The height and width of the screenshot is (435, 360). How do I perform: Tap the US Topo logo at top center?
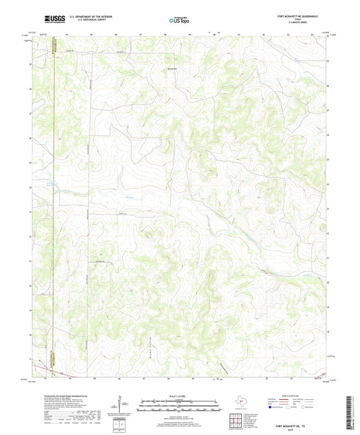click(179, 21)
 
